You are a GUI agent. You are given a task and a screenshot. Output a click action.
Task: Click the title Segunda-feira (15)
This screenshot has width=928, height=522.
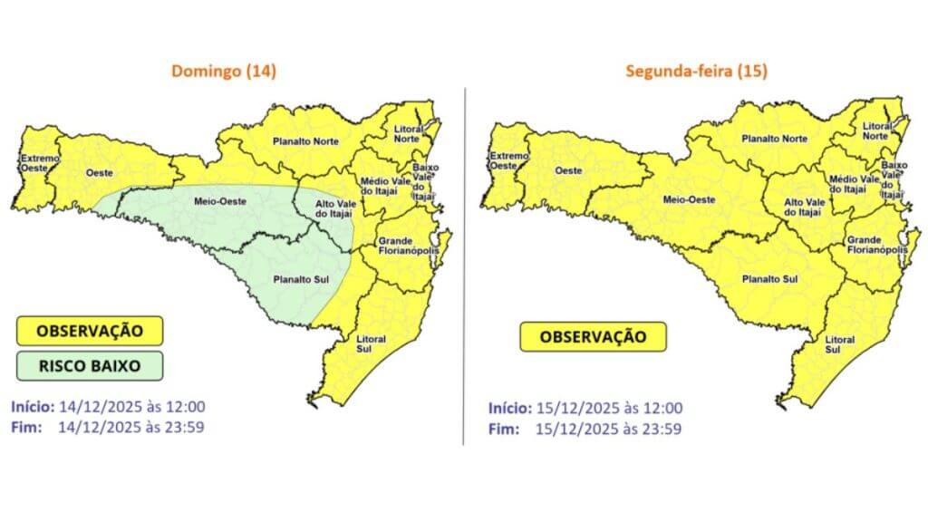(x=696, y=71)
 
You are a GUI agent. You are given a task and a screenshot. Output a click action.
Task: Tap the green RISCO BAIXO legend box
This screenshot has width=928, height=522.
(x=89, y=365)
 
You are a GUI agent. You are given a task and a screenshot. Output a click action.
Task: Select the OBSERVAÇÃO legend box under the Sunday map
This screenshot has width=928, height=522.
(x=89, y=330)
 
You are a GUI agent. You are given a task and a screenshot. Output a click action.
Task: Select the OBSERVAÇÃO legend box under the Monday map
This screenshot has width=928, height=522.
(x=593, y=337)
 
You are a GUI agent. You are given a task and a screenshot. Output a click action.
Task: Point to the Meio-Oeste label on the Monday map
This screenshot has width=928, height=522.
(x=686, y=198)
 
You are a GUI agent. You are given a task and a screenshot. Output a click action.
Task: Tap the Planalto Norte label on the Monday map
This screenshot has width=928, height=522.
(x=774, y=139)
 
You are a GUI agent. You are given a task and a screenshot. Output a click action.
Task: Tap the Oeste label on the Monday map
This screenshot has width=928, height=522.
(x=567, y=170)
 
